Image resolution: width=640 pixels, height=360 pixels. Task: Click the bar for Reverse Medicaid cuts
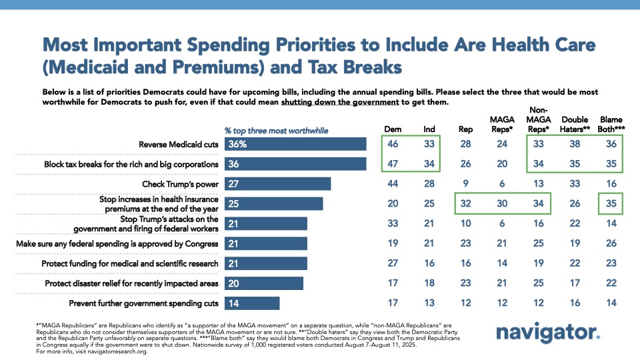coord(295,143)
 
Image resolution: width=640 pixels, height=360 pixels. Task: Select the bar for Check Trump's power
coord(277,183)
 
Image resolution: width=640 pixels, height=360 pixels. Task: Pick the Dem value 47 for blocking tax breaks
coord(393,163)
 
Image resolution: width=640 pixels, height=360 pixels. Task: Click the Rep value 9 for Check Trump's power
coord(467,183)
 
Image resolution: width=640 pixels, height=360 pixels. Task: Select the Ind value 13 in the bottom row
coord(430,304)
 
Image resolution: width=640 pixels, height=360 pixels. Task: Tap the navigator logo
coord(549,333)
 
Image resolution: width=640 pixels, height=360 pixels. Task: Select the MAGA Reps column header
coord(505,123)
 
